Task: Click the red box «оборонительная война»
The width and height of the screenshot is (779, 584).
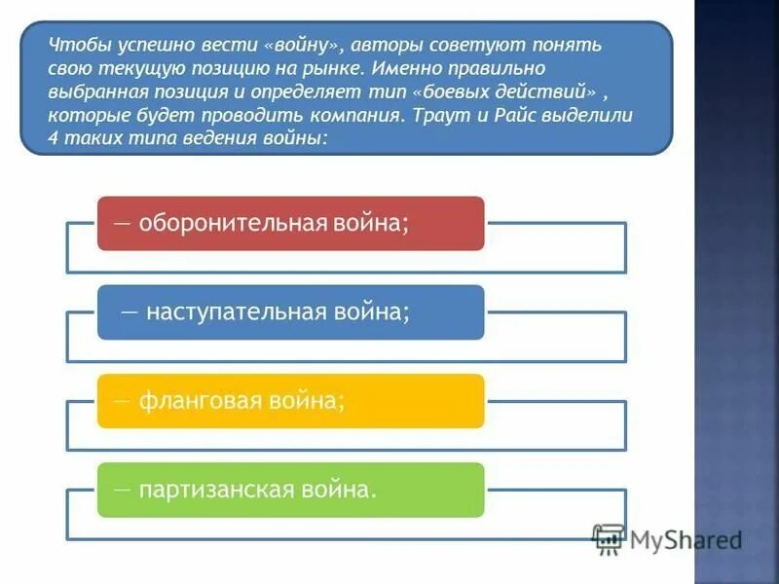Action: pos(290,223)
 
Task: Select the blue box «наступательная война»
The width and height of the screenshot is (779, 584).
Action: pos(290,311)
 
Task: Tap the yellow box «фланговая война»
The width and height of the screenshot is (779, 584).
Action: pos(290,400)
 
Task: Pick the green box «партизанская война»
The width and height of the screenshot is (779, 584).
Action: pos(290,489)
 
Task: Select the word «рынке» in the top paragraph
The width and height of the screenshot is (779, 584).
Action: pos(338,68)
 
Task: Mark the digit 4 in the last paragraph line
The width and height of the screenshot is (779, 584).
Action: pos(52,138)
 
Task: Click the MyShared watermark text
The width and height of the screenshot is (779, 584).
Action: pos(686,538)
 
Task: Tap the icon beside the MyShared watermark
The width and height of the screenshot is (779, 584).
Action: pos(608,538)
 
